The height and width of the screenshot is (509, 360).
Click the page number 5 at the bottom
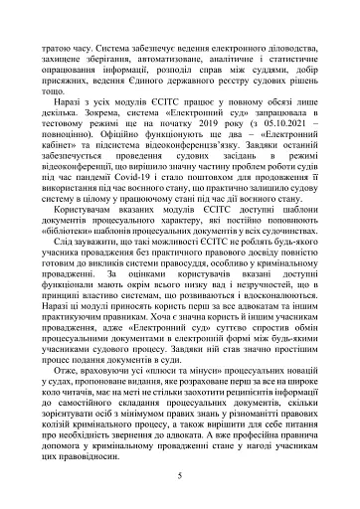coord(179,476)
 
